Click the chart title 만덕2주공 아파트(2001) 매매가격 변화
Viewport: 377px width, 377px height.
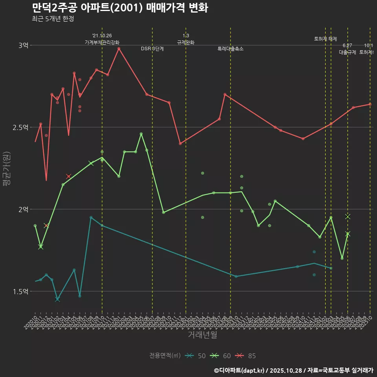tap(120, 8)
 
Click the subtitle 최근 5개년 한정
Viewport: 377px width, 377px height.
tap(53, 18)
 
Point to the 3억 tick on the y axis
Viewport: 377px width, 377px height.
tap(23, 46)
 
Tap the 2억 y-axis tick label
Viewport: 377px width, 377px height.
tap(23, 209)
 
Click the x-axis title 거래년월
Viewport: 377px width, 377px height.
tap(202, 335)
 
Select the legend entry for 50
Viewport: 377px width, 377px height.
tap(196, 356)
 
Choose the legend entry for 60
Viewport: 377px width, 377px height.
tap(221, 356)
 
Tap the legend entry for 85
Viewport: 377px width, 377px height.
tap(246, 356)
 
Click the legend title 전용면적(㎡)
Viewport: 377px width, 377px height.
tap(165, 356)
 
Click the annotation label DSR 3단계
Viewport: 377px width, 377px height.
tap(152, 49)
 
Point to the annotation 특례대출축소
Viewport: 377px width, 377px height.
tap(231, 49)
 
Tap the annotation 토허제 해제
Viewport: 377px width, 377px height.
tap(326, 39)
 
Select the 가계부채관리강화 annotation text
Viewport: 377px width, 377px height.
tap(102, 42)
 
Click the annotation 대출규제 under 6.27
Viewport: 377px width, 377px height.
tap(348, 52)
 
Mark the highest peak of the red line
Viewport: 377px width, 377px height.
tap(119, 48)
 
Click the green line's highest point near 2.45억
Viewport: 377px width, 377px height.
tap(141, 134)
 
